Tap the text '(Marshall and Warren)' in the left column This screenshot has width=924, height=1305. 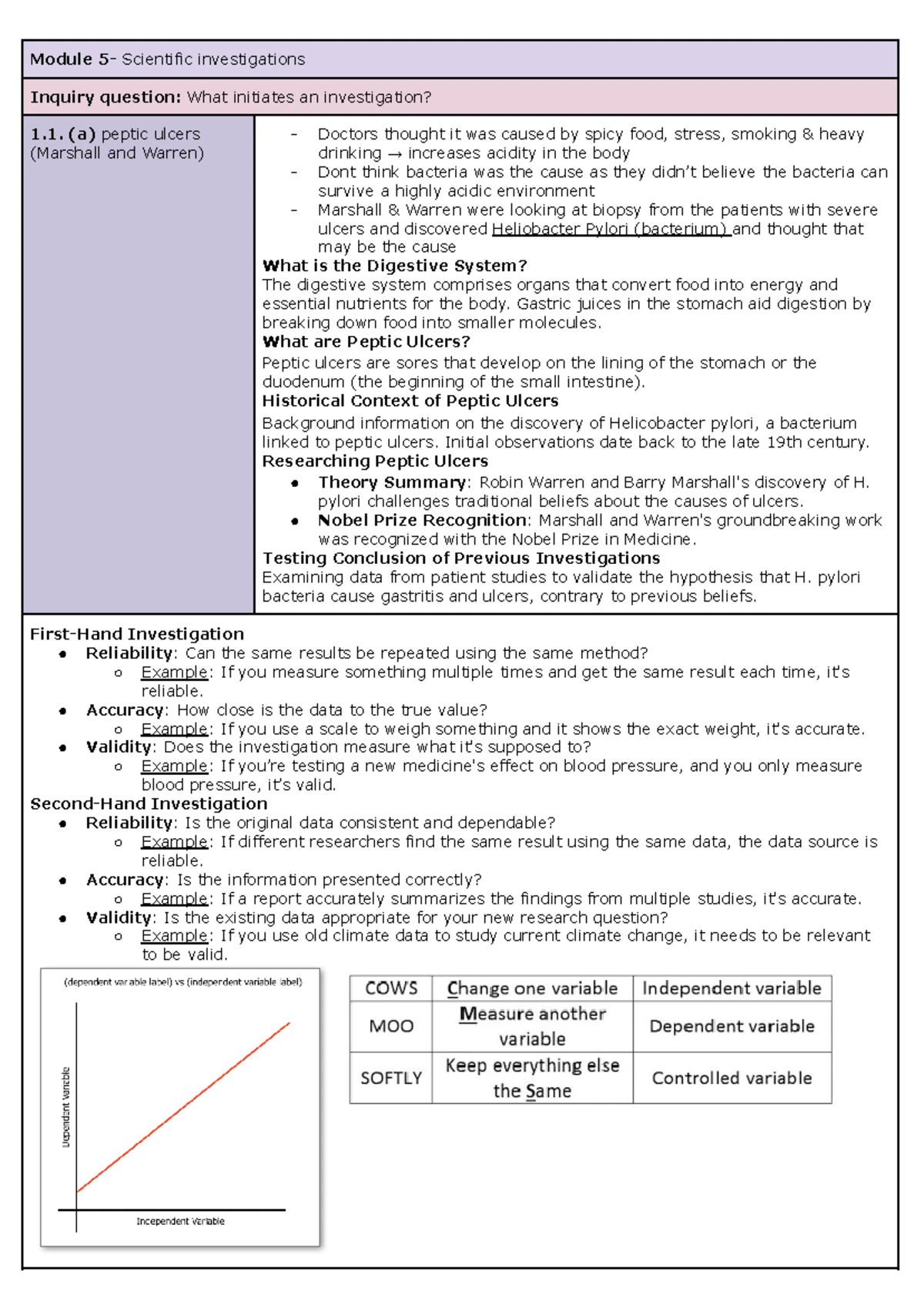click(117, 153)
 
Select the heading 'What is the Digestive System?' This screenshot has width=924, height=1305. click(394, 266)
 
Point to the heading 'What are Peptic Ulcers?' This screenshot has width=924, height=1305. click(366, 341)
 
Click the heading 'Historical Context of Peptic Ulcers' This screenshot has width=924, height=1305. click(410, 401)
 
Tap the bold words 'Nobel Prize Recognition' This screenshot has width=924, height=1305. click(422, 520)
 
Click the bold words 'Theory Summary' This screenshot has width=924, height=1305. click(392, 482)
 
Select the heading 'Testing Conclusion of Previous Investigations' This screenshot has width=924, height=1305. click(460, 558)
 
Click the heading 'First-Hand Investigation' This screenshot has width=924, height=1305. click(137, 634)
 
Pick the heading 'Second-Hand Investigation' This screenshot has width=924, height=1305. click(149, 803)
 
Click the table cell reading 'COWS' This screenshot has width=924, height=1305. click(391, 988)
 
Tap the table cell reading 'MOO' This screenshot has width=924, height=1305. click(391, 1026)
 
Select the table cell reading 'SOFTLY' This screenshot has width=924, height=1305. click(391, 1078)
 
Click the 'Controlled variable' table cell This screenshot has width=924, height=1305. click(731, 1078)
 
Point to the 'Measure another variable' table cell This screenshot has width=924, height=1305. click(532, 1026)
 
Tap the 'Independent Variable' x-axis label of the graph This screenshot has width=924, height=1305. click(180, 1221)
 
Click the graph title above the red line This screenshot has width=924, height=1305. click(182, 982)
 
